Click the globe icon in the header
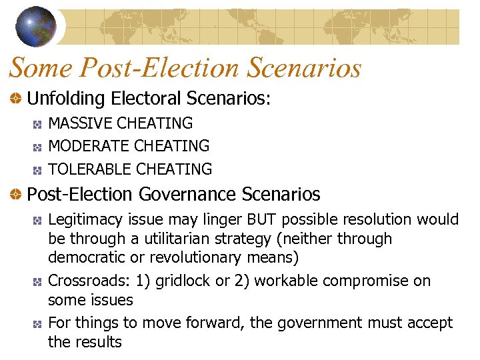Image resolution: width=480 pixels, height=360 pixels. [x=35, y=25]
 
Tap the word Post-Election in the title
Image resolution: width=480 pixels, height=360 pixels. [x=157, y=68]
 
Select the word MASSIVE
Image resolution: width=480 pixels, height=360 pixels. [x=81, y=123]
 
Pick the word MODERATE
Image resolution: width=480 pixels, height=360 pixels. [x=89, y=146]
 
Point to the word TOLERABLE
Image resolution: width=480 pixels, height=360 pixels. [x=90, y=169]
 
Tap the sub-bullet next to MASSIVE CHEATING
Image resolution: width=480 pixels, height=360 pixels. [x=39, y=124]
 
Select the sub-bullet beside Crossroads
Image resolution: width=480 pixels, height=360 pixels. [x=39, y=282]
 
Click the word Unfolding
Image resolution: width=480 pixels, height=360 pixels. [x=66, y=99]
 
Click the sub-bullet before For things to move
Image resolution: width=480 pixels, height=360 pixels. [x=39, y=324]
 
